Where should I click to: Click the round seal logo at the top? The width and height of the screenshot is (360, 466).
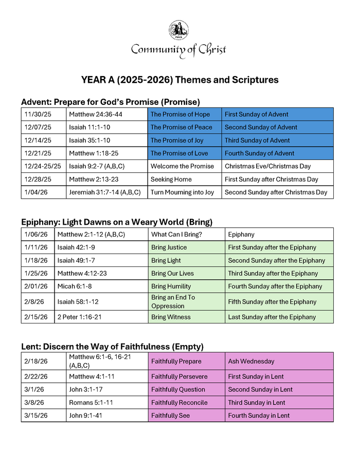[x=179, y=30]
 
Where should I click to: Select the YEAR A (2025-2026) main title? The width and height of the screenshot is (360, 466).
[x=179, y=80]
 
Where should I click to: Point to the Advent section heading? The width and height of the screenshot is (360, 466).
[x=110, y=102]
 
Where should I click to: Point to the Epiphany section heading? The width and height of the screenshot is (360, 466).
[x=116, y=222]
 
